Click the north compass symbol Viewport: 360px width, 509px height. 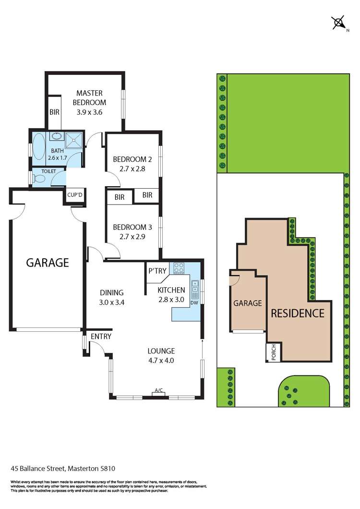tap(339, 23)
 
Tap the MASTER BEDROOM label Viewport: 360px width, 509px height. tap(89, 97)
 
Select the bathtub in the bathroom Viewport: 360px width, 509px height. tap(38, 146)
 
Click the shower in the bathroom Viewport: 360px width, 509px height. tap(74, 140)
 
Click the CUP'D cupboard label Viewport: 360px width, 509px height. tap(75, 195)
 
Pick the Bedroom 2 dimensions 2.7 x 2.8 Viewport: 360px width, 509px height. tap(132, 169)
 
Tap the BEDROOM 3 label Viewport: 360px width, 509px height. tap(132, 227)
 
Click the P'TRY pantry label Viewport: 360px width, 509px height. tap(157, 271)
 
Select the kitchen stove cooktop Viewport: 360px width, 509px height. tap(179, 268)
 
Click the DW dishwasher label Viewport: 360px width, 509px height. tap(194, 303)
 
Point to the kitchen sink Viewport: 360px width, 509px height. tap(195, 287)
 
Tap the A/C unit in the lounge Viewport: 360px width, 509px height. tap(159, 394)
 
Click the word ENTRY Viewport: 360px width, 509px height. tap(101, 337)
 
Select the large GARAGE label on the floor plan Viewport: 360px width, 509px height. tap(48, 263)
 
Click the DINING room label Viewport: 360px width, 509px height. tap(112, 293)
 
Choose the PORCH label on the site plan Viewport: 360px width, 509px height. tap(273, 352)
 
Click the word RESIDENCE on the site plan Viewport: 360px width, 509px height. tap(298, 313)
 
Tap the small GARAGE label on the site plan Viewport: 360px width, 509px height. tap(248, 303)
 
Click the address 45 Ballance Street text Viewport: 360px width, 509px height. tap(38, 468)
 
